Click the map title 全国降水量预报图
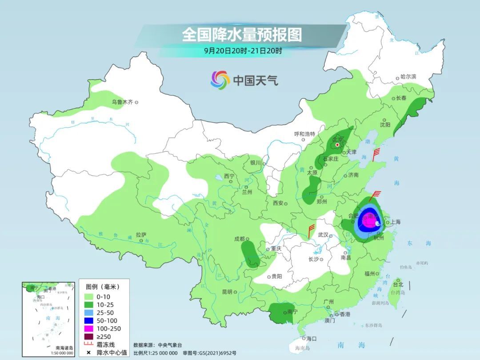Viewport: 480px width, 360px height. click(x=242, y=34)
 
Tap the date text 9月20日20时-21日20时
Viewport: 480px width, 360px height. click(x=243, y=51)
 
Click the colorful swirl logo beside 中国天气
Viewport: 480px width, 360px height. click(x=220, y=80)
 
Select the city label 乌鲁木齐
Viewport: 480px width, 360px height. click(x=122, y=102)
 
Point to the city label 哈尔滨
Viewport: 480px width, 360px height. click(x=408, y=77)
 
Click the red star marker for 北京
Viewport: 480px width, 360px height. click(x=337, y=145)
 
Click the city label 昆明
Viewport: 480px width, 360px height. click(x=227, y=292)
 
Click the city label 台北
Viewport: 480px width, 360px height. click(x=398, y=284)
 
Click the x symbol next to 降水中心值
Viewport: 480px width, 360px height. click(x=88, y=353)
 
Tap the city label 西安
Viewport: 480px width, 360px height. click(x=278, y=203)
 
